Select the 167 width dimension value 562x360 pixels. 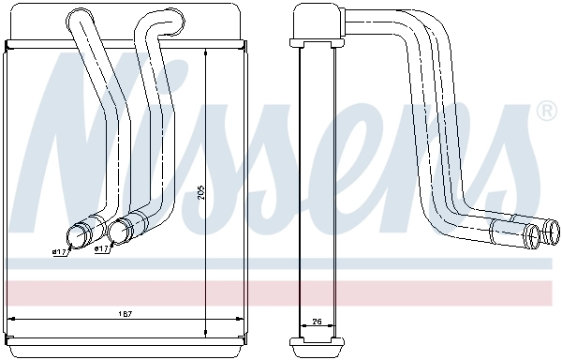point(125,313)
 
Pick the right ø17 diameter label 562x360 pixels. point(102,249)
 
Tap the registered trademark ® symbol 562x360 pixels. point(544,112)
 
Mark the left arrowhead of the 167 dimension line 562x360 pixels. point(12,319)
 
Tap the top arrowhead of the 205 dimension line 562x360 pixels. point(206,45)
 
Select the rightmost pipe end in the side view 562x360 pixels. point(553,232)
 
